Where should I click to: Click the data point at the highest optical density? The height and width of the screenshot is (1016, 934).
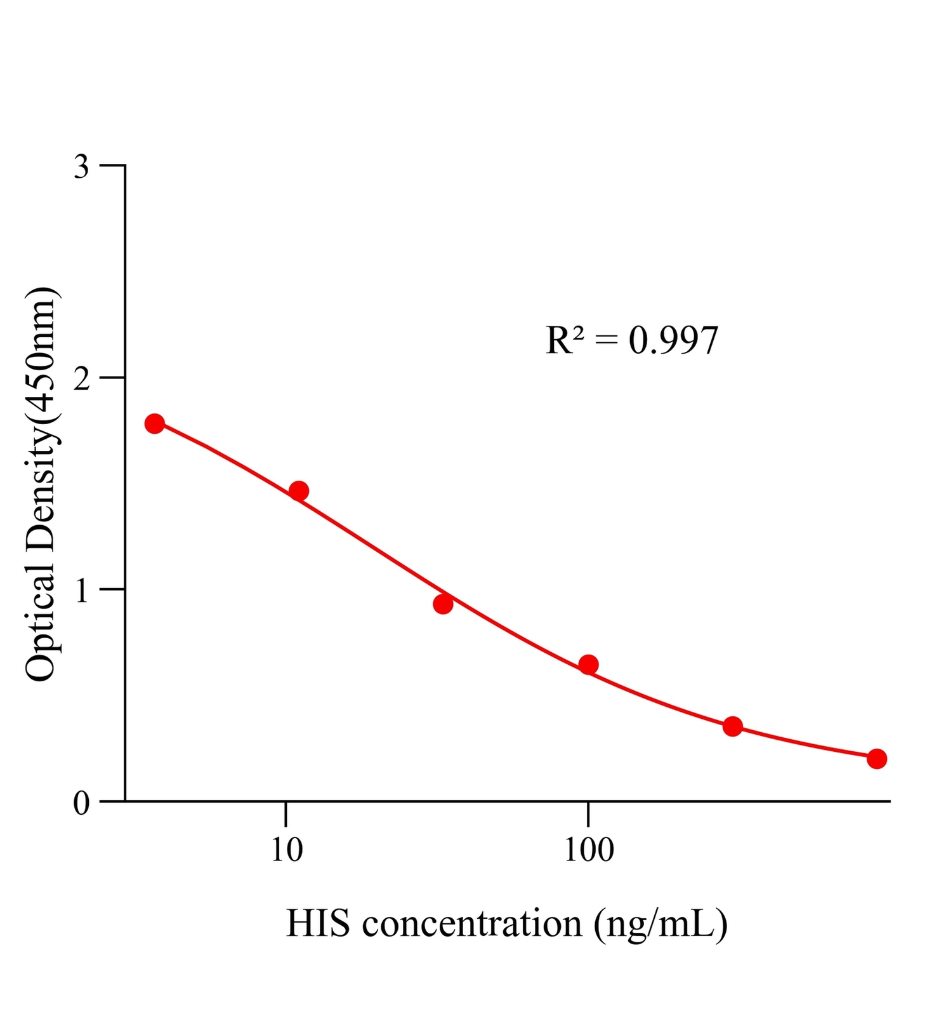154,424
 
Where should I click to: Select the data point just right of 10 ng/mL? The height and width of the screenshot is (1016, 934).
299,490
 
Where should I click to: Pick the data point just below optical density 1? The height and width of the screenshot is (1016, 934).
443,604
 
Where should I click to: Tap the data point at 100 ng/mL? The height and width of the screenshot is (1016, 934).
588,665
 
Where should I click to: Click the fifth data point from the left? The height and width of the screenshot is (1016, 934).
733,726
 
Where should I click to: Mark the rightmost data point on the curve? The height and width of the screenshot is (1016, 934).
877,758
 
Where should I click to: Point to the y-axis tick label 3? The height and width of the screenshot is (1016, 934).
82,167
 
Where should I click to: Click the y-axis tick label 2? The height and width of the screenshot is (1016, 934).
82,379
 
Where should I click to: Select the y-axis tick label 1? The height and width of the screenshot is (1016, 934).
82,591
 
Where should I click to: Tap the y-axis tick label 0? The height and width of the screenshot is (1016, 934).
82,803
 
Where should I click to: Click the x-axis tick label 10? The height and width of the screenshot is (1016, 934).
287,850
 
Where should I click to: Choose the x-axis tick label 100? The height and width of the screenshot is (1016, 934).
589,850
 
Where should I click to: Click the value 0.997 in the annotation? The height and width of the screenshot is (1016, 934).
673,340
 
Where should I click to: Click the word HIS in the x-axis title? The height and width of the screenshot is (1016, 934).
318,923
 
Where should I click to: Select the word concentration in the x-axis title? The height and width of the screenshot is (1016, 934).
472,923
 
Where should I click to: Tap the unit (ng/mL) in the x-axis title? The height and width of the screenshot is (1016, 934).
661,925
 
